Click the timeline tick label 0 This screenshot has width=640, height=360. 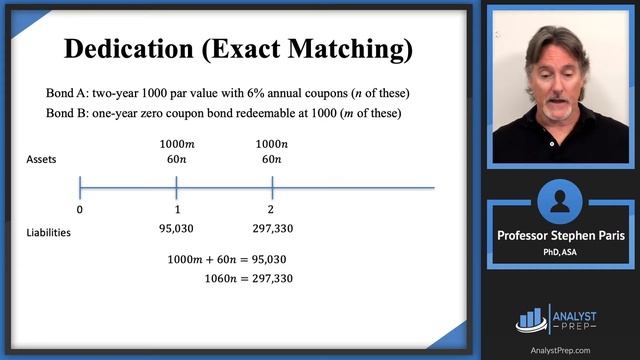[80, 210]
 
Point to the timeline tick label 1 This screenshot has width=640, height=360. [176, 210]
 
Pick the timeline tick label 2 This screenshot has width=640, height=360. [272, 210]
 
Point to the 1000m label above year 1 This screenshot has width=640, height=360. [176, 142]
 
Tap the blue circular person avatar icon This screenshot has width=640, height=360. [560, 201]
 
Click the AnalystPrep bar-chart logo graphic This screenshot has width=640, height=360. [532, 318]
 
